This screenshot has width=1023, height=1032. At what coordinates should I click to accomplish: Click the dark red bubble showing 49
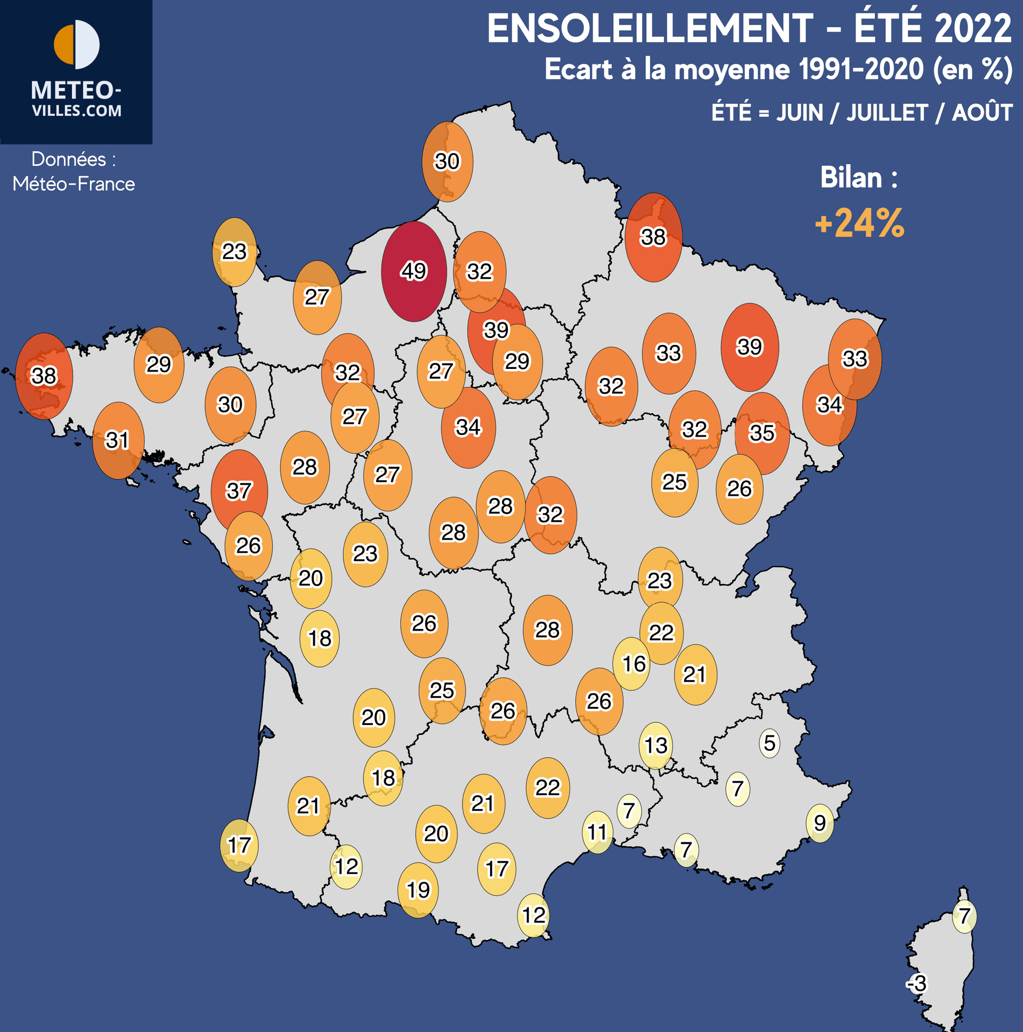point(414,271)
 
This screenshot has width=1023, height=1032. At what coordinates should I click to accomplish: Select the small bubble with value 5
point(769,743)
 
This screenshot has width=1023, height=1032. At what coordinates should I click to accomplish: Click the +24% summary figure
point(859,223)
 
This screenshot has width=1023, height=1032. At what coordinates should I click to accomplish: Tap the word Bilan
point(851,178)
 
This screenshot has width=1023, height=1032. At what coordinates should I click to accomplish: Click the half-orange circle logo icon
point(77,45)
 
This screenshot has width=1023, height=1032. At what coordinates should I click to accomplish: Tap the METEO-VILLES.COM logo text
point(77,99)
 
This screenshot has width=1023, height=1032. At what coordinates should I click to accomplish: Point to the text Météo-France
point(74,184)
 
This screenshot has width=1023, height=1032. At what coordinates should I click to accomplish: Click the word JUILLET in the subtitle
point(887,112)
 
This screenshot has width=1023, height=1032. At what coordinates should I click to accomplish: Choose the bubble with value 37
point(239,490)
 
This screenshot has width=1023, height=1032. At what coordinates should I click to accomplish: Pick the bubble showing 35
point(762,433)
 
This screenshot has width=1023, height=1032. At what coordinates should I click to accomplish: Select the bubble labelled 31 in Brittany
point(118,440)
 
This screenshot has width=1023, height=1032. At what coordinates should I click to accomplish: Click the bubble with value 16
point(634,664)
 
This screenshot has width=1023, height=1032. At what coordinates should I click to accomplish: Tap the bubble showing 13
point(656,745)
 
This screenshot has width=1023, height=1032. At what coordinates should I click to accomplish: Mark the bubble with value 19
point(418,889)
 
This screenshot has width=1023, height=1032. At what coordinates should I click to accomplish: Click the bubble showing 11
point(597,832)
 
